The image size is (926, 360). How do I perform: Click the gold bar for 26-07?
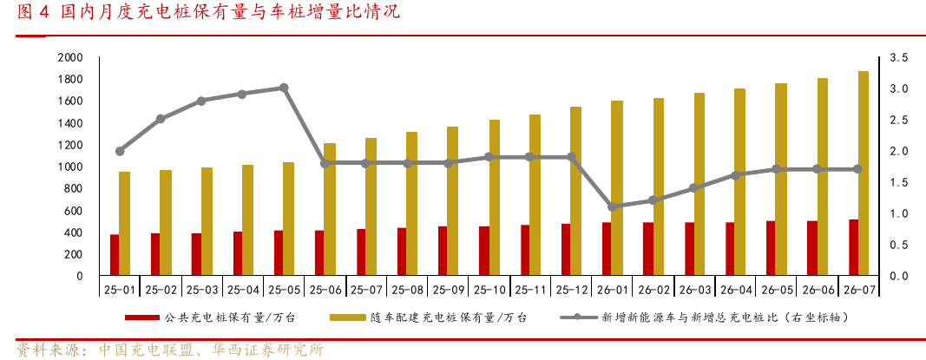(x=863, y=173)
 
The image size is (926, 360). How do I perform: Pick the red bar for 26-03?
(x=689, y=249)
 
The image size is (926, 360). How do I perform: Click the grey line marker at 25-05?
(x=284, y=88)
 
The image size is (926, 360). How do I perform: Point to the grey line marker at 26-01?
(x=612, y=206)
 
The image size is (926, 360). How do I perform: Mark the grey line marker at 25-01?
(x=120, y=151)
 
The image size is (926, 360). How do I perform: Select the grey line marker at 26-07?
(x=857, y=169)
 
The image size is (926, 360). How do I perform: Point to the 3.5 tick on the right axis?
(x=899, y=58)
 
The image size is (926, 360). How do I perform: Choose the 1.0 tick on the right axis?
(x=899, y=213)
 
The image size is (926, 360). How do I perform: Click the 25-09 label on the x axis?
(x=448, y=290)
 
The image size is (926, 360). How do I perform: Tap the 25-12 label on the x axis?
(x=570, y=290)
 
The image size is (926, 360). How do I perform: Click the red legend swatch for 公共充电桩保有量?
(x=142, y=318)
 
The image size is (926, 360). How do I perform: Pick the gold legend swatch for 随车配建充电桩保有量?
(x=346, y=318)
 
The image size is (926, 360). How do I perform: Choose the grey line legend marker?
(x=577, y=318)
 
